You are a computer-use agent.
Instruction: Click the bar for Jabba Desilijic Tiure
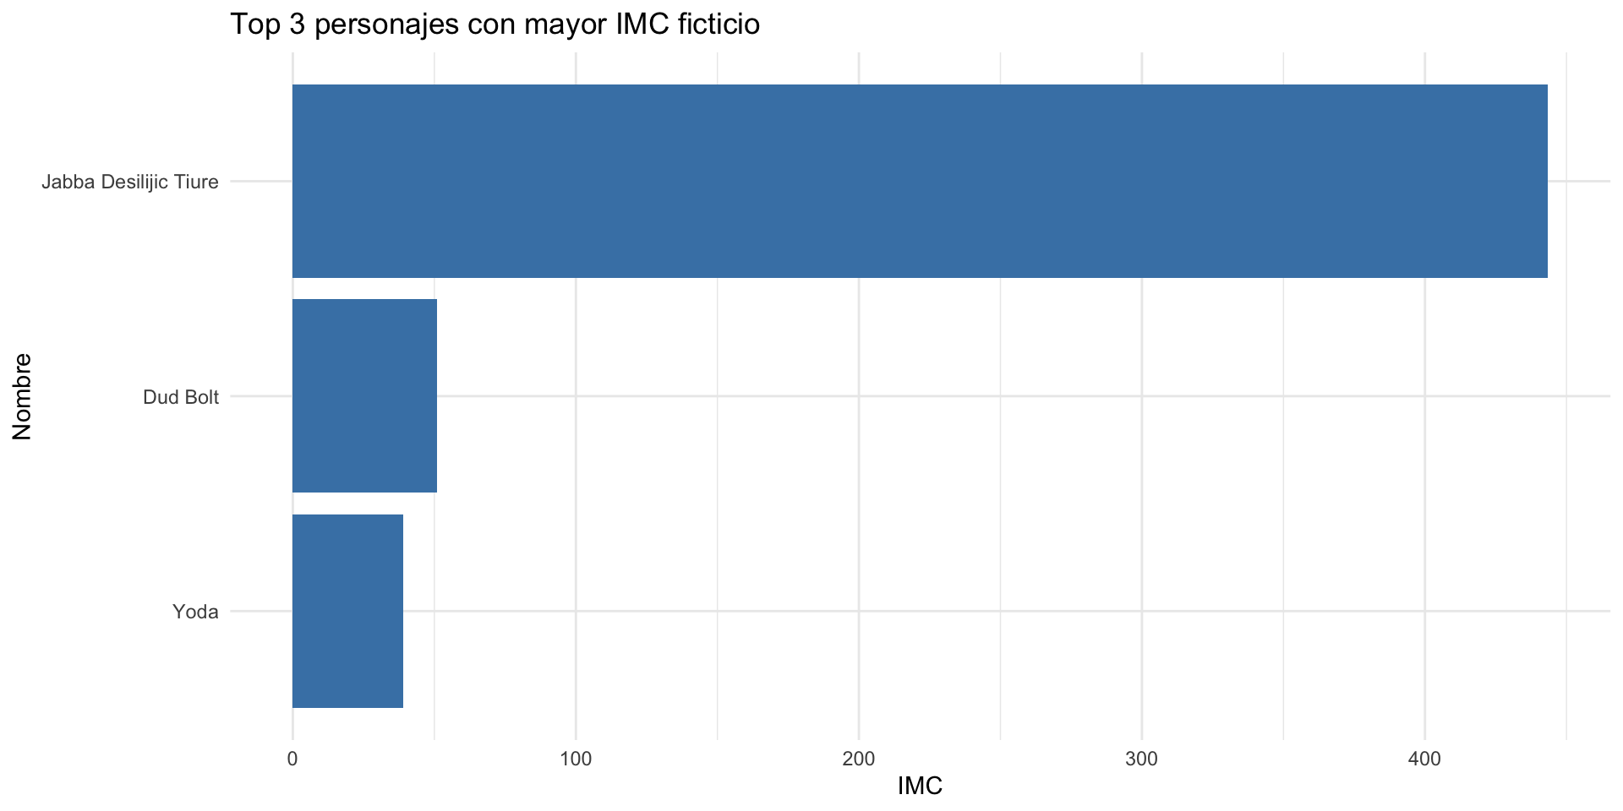[x=920, y=181]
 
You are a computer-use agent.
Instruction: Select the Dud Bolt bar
[x=364, y=395]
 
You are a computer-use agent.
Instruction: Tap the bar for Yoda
[x=347, y=611]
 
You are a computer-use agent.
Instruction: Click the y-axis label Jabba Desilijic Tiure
[x=130, y=182]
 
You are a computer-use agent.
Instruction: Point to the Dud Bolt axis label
[x=181, y=397]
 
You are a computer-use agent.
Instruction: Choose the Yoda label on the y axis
[x=195, y=612]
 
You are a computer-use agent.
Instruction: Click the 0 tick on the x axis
[x=292, y=759]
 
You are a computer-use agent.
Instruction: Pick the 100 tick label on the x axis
[x=576, y=759]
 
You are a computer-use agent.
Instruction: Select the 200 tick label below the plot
[x=859, y=759]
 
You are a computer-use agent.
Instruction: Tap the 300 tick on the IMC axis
[x=1142, y=759]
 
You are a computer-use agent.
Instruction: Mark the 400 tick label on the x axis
[x=1424, y=759]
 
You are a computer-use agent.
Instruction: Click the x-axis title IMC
[x=920, y=787]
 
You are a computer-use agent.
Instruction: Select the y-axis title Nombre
[x=23, y=396]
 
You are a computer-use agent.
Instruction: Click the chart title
[x=495, y=24]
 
